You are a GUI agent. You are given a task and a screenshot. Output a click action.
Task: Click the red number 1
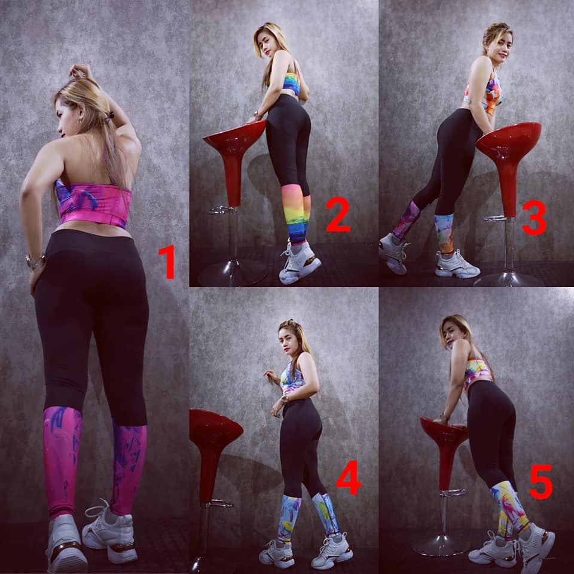(167, 262)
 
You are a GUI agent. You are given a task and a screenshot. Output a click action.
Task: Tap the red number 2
(337, 215)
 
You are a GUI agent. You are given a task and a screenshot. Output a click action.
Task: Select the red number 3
(534, 218)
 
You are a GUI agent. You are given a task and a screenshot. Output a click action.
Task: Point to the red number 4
(348, 478)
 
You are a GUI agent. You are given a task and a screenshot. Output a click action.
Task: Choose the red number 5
(541, 482)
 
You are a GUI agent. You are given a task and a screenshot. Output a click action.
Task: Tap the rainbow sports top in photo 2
(292, 83)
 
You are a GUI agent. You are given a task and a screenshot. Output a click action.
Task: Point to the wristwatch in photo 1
(35, 261)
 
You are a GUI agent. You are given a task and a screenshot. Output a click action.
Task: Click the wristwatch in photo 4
(283, 399)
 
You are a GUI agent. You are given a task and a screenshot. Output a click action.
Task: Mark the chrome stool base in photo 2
(233, 273)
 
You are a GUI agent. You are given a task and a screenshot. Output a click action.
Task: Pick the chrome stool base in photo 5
(441, 545)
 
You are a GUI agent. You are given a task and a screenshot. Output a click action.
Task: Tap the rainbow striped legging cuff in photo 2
(295, 214)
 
